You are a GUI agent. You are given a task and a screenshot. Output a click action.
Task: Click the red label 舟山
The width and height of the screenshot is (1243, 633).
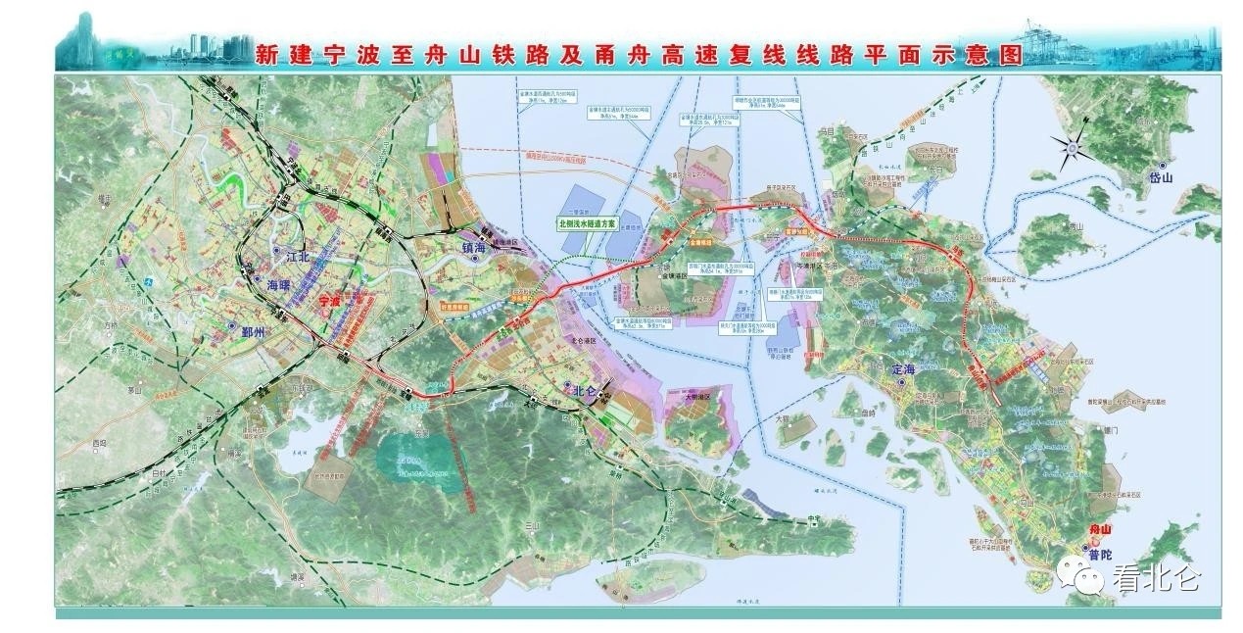[1102, 530]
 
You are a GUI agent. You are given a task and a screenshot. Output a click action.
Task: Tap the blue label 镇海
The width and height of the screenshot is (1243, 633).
[474, 248]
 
